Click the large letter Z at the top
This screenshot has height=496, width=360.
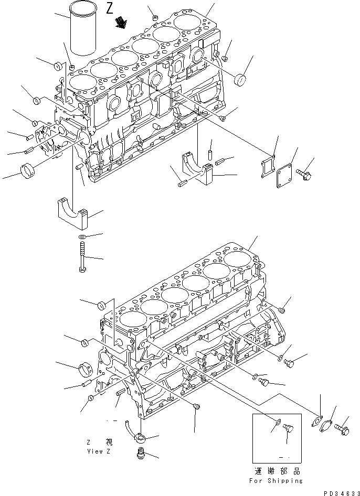click(109, 8)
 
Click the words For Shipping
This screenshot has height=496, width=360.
click(276, 480)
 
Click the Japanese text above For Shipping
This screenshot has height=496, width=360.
click(276, 471)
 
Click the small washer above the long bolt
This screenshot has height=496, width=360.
click(83, 237)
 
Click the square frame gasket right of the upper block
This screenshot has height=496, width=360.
click(268, 167)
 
